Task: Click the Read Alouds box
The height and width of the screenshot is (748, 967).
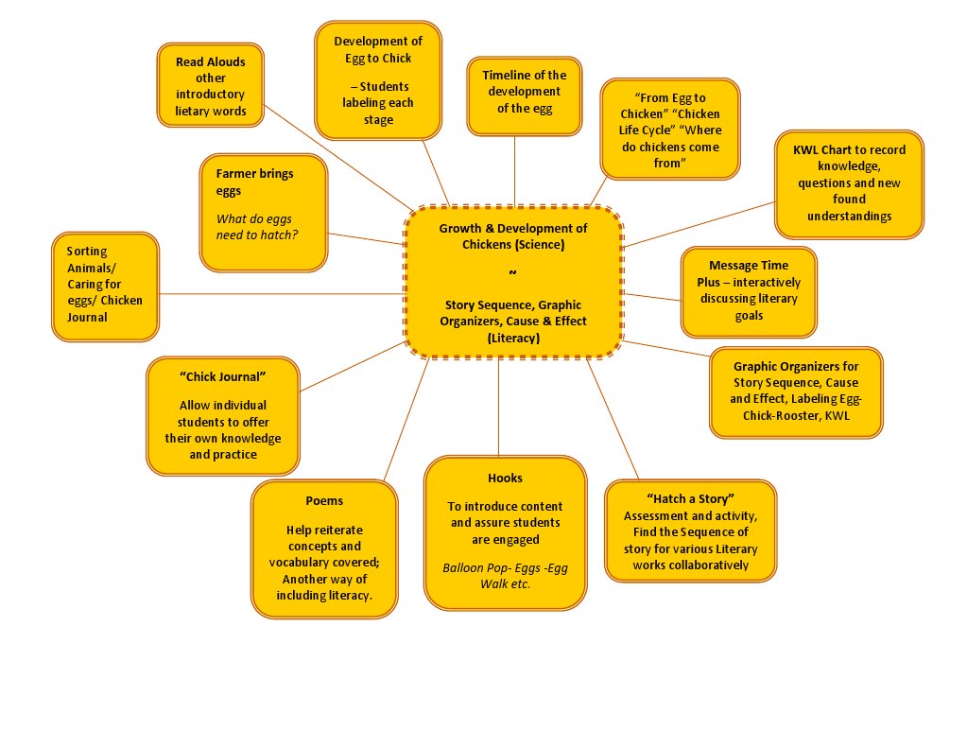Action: tap(210, 86)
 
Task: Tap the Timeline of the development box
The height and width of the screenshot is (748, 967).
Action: tap(524, 91)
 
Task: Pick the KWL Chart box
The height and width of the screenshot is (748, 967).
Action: tap(849, 183)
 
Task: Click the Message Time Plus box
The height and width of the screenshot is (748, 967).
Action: tap(748, 291)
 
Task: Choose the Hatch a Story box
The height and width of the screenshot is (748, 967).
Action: tap(690, 531)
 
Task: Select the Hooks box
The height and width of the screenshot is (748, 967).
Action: tap(505, 531)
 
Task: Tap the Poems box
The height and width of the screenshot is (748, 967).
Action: tap(324, 549)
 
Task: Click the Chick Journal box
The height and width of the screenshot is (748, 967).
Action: tap(223, 415)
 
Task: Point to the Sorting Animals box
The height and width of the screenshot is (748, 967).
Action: tap(106, 286)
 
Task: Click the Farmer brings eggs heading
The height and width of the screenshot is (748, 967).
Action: tap(254, 182)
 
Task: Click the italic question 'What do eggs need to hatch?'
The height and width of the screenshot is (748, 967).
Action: tap(257, 227)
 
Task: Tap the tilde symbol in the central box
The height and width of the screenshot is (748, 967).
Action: tap(513, 273)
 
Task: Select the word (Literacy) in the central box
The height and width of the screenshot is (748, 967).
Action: tap(513, 337)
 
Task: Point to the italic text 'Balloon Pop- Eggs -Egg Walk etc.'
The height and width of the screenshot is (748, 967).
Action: tap(505, 575)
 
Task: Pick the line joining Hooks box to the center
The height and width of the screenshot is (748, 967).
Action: tap(498, 407)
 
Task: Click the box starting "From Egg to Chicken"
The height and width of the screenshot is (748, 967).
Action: tap(670, 130)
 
